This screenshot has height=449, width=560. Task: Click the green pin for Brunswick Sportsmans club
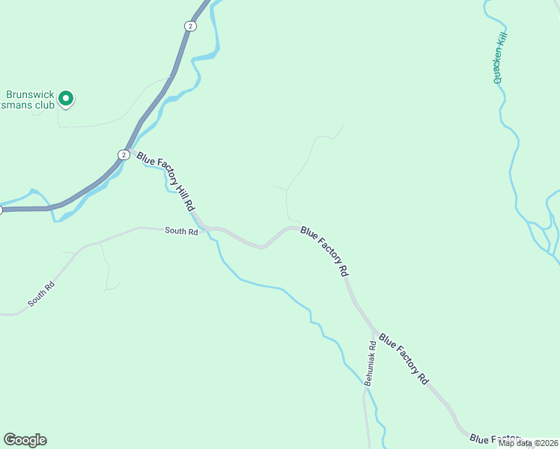click(65, 98)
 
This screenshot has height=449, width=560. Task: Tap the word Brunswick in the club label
click(30, 95)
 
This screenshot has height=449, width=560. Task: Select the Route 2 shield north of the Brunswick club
click(191, 26)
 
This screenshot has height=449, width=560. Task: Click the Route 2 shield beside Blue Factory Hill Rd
click(123, 154)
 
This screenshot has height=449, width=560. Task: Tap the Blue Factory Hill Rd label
click(165, 180)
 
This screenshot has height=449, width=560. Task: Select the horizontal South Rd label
click(182, 232)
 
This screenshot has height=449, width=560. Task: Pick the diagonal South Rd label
click(41, 293)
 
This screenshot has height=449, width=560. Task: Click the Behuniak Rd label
click(370, 363)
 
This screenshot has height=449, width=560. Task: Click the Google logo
click(25, 440)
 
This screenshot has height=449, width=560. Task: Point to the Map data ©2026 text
click(527, 443)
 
